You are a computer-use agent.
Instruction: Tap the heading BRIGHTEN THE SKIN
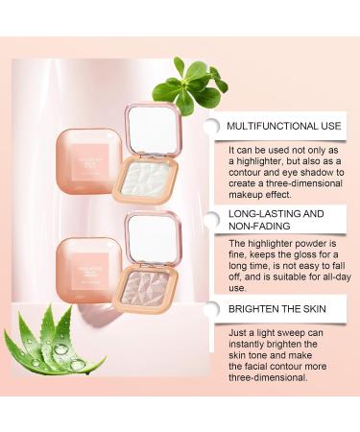(278, 310)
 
